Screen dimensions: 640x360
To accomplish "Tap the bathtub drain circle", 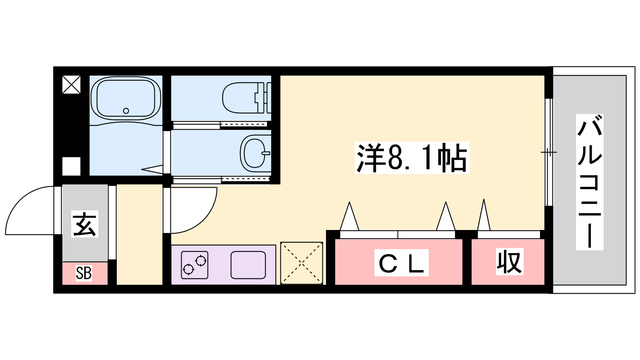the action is (x=126, y=111).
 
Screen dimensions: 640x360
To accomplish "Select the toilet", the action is (x=246, y=98).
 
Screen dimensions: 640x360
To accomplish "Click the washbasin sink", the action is (x=256, y=154).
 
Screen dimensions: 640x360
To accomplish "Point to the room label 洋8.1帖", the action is (x=412, y=158).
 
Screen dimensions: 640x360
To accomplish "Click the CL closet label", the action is (x=402, y=262).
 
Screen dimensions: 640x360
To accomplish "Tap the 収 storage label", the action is (x=510, y=262).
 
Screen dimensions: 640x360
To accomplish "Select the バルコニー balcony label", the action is (x=590, y=182).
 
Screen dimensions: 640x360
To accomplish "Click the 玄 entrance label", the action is (x=84, y=224).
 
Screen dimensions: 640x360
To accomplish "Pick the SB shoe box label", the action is (x=84, y=273).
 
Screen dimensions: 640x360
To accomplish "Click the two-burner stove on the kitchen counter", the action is (x=194, y=265).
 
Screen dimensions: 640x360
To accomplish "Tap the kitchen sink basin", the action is (x=248, y=265).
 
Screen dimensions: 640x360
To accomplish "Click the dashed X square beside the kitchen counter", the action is (x=302, y=263).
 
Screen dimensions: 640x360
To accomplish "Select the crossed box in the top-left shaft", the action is (x=71, y=84).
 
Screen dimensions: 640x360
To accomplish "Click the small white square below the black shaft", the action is (x=71, y=166).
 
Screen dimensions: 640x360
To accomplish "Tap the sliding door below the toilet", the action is (x=220, y=125).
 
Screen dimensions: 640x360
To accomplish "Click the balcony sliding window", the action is (x=548, y=152).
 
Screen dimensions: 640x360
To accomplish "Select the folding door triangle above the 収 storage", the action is (x=484, y=215).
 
